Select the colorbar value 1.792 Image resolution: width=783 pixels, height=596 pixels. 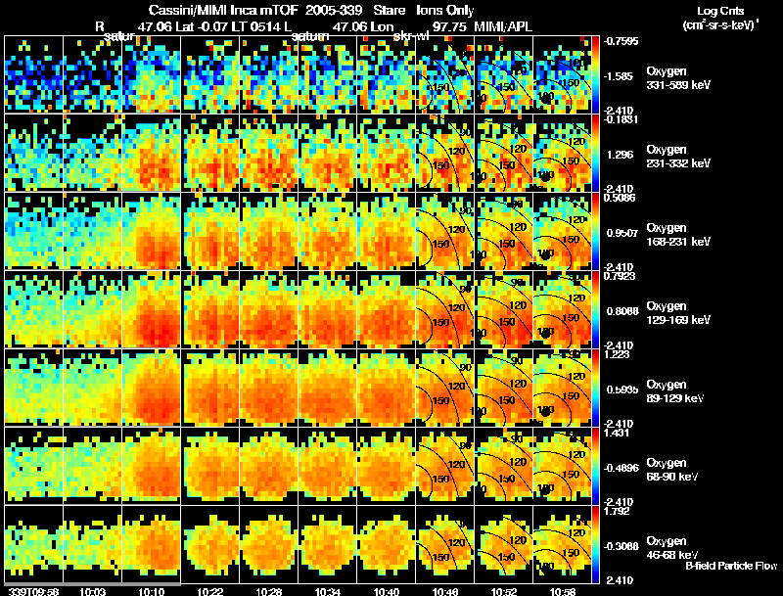pos(620,510)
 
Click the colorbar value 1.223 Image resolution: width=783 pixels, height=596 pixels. pos(620,354)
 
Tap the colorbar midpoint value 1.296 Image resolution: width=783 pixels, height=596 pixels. pos(620,155)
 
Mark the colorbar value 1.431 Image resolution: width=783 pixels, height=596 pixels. pos(620,432)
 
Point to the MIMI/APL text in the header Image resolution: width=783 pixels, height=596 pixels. pos(505,26)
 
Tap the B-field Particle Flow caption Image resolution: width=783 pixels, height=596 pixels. pos(731,566)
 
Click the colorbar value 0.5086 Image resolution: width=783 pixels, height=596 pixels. pos(620,197)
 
